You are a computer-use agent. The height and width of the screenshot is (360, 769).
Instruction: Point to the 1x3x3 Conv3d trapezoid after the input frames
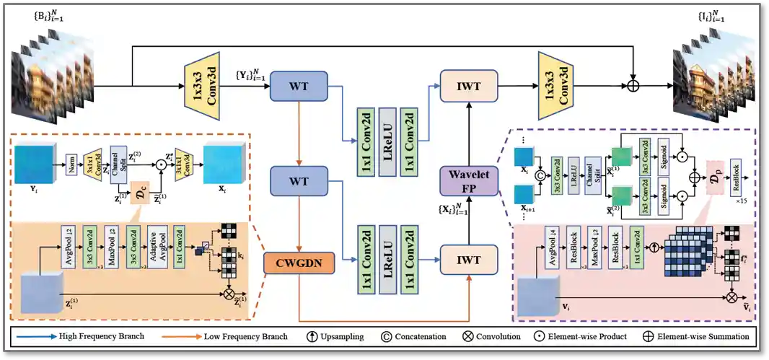206,87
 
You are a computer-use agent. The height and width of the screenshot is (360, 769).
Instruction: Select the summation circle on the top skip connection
633,87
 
